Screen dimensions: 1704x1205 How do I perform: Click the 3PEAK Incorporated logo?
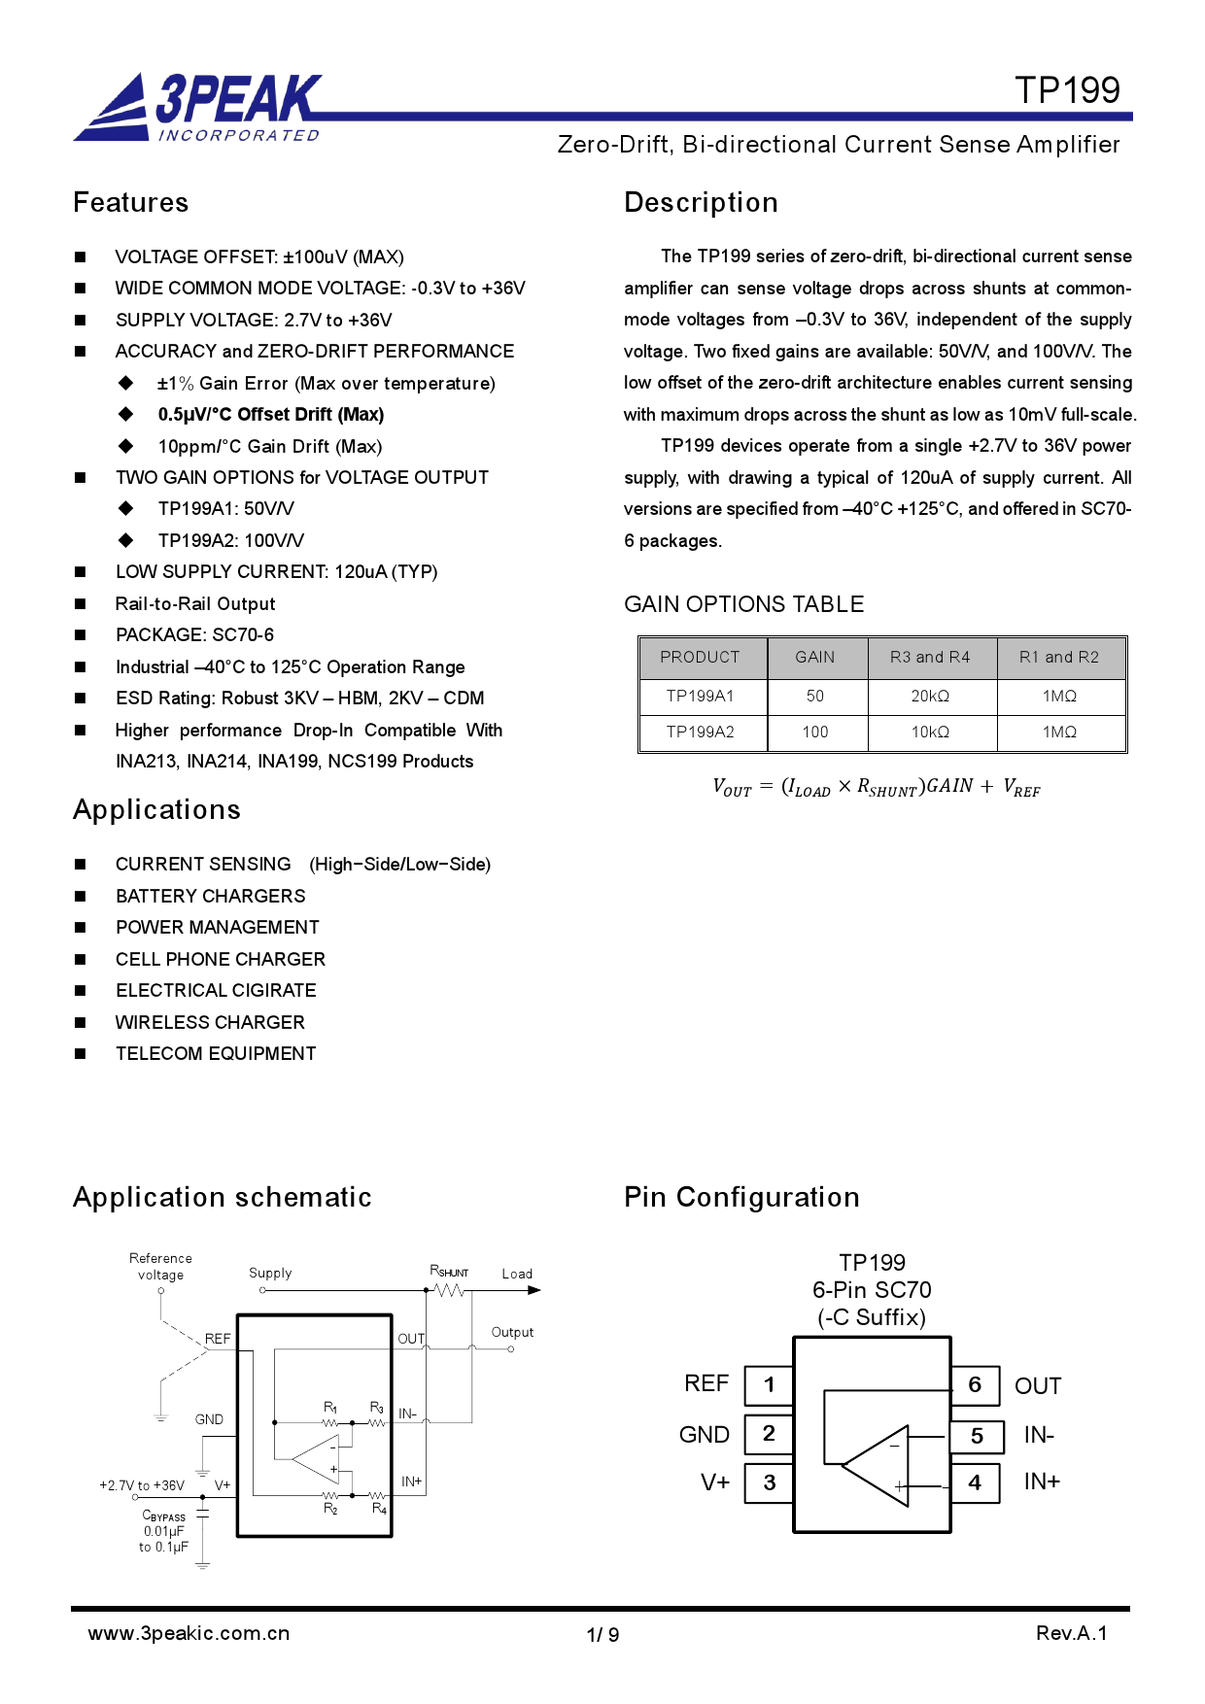click(x=199, y=108)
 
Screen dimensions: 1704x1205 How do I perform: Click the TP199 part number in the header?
click(x=1067, y=90)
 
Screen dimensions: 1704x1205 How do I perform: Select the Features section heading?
click(x=131, y=202)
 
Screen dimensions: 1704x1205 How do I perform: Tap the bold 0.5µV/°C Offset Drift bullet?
click(x=270, y=415)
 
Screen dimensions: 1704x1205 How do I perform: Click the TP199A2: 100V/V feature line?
click(x=230, y=541)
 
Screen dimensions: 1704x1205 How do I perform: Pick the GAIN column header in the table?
click(x=814, y=658)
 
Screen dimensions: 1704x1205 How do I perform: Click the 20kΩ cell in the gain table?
click(x=930, y=697)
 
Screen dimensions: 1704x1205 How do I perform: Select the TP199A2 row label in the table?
click(x=700, y=733)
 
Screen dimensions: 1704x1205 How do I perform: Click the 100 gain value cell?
click(x=814, y=733)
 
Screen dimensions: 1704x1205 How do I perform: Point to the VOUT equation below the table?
click(x=876, y=788)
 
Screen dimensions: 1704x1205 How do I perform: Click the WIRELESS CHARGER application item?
click(x=210, y=1023)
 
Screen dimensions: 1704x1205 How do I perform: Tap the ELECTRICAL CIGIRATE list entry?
click(x=216, y=991)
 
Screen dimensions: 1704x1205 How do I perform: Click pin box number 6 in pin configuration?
click(x=975, y=1385)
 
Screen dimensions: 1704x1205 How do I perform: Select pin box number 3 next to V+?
click(x=769, y=1483)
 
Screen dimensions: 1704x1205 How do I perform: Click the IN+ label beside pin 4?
click(x=1041, y=1482)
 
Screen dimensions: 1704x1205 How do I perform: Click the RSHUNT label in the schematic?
click(x=448, y=1272)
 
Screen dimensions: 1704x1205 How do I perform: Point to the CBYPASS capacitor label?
click(x=163, y=1517)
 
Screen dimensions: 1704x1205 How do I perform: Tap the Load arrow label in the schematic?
click(x=517, y=1275)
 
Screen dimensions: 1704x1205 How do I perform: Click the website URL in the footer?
click(x=189, y=1634)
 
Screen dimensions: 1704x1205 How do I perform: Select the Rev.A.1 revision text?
click(x=1071, y=1634)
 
